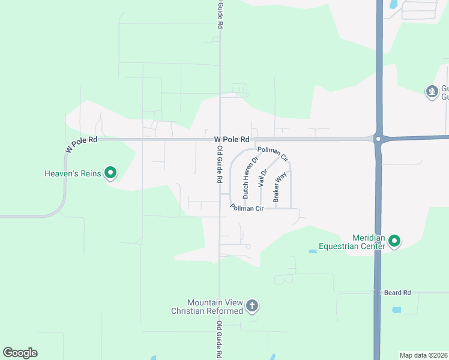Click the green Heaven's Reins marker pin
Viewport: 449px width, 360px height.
[110, 173]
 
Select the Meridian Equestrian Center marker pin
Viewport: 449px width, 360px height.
[394, 241]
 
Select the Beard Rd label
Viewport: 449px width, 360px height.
[398, 292]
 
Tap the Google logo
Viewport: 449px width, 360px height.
[20, 353]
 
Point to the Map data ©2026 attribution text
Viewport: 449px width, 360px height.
[424, 355]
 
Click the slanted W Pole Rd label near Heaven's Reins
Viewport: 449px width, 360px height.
[81, 144]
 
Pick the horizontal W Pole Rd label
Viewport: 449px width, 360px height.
[231, 139]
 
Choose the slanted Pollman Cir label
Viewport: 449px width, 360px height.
[273, 154]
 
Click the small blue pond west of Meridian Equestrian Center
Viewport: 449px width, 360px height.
[312, 251]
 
